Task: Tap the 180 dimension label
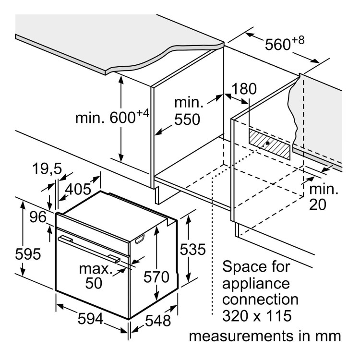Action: point(244,89)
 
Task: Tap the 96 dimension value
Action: point(37,216)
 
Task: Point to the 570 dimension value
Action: point(156,277)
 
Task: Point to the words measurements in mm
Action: point(265,336)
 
